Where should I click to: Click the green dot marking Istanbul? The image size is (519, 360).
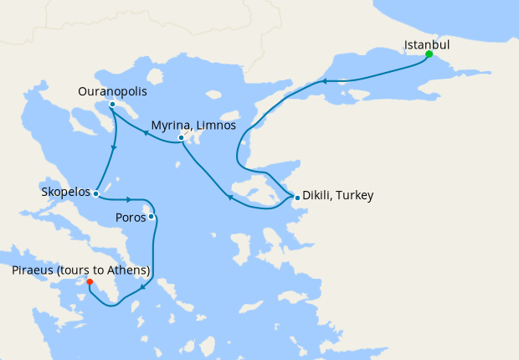[429, 54]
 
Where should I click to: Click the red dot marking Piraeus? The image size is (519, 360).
[90, 282]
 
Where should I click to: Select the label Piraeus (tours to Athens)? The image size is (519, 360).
[81, 270]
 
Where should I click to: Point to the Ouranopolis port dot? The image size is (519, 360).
[112, 105]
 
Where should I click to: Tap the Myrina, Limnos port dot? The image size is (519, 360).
[181, 138]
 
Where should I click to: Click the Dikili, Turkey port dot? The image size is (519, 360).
[297, 198]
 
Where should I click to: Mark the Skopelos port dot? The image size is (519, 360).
[96, 194]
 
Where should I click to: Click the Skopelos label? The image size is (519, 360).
[66, 192]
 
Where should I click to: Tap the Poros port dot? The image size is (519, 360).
[152, 218]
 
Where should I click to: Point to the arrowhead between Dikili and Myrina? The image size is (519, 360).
[229, 197]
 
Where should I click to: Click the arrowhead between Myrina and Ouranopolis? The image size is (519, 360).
[145, 131]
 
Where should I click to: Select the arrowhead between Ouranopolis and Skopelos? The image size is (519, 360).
[113, 148]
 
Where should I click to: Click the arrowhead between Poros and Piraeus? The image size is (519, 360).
[142, 287]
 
